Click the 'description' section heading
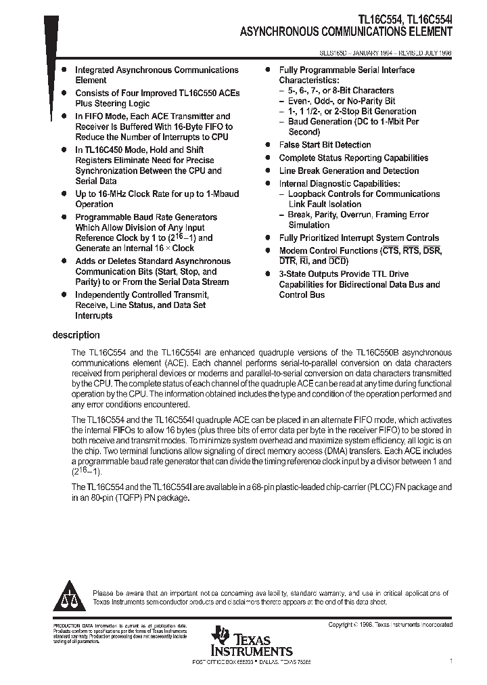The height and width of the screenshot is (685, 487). (76, 335)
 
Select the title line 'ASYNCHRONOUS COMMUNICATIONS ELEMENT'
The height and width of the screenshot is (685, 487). (346, 32)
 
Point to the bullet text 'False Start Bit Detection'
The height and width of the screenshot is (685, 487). (325, 145)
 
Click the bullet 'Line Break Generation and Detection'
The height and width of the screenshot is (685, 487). (349, 171)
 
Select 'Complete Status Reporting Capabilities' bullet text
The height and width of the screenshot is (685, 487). (354, 158)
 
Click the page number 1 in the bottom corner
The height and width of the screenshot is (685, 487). (450, 661)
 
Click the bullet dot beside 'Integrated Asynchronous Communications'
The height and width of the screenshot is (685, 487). (64, 70)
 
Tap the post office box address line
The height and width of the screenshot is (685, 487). (252, 661)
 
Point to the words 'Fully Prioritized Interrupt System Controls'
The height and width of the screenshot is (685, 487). (359, 238)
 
